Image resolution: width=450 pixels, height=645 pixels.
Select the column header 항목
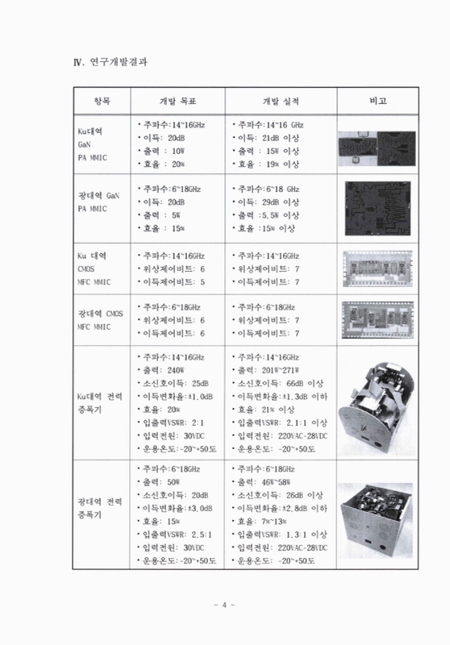click(x=95, y=102)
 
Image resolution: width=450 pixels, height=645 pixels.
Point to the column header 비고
click(x=377, y=102)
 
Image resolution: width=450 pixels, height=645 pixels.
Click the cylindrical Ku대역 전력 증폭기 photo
click(x=377, y=403)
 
